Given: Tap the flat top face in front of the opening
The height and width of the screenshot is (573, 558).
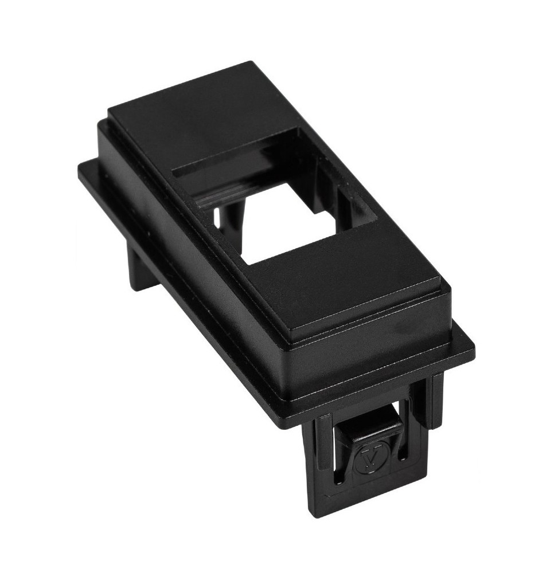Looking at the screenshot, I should (x=338, y=281).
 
